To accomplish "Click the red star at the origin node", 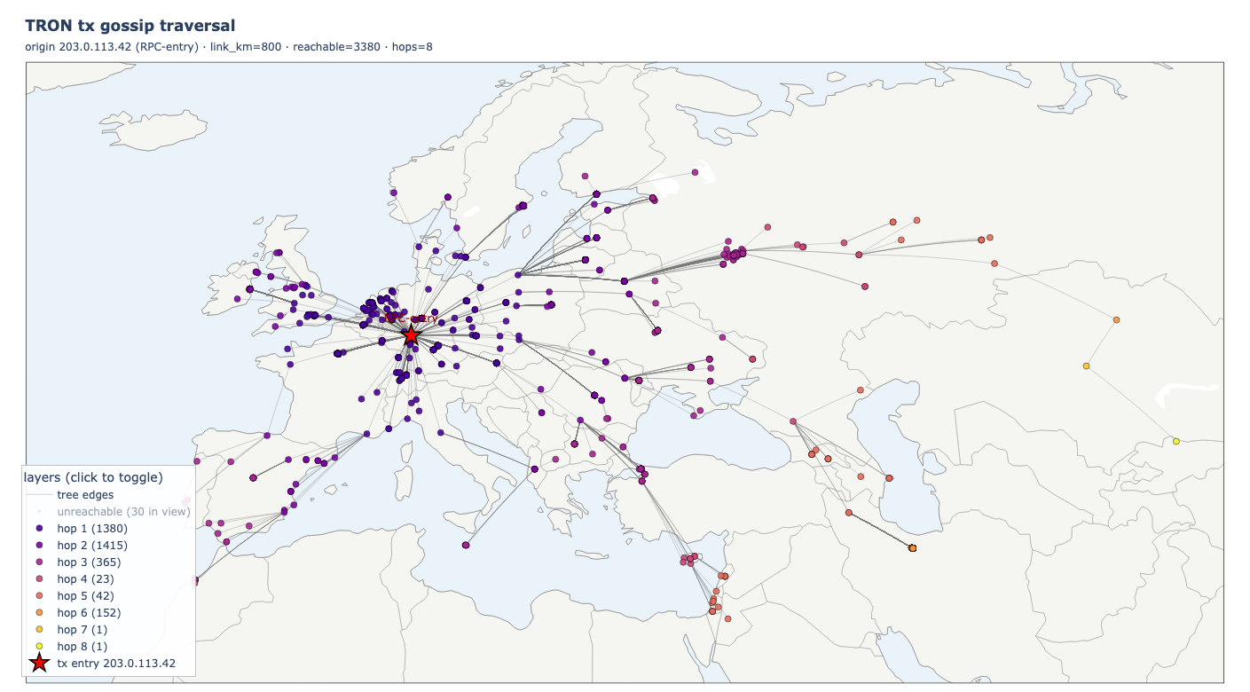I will [411, 335].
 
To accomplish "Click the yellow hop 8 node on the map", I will [1175, 441].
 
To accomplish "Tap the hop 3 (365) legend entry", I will [89, 562].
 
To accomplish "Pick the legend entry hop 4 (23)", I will [85, 579].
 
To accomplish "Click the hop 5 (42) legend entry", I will [85, 596].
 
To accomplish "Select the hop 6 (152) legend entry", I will [89, 613].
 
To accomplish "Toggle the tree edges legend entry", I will [85, 495].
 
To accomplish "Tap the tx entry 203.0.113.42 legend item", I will [116, 664].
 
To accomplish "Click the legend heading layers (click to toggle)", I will [93, 477].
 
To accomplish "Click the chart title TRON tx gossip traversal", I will [130, 26].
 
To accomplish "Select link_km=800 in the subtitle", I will [245, 46].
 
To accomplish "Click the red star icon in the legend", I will [38, 664].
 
